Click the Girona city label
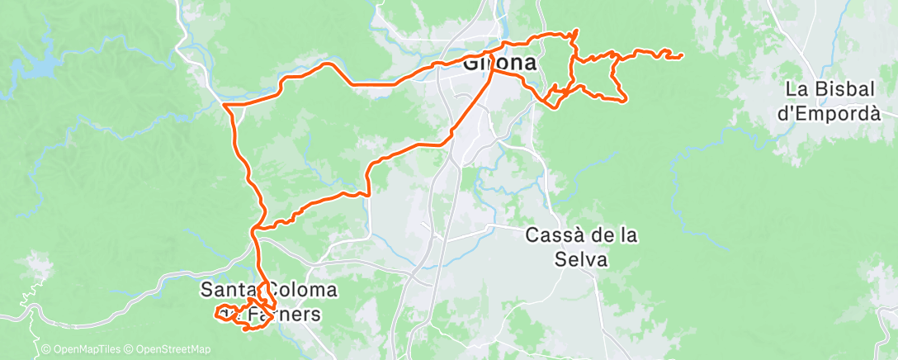[x=499, y=63]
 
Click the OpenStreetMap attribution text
[x=173, y=350]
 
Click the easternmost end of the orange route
[x=681, y=56]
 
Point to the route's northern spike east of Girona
[x=575, y=31]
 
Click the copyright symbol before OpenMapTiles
[x=46, y=350]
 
